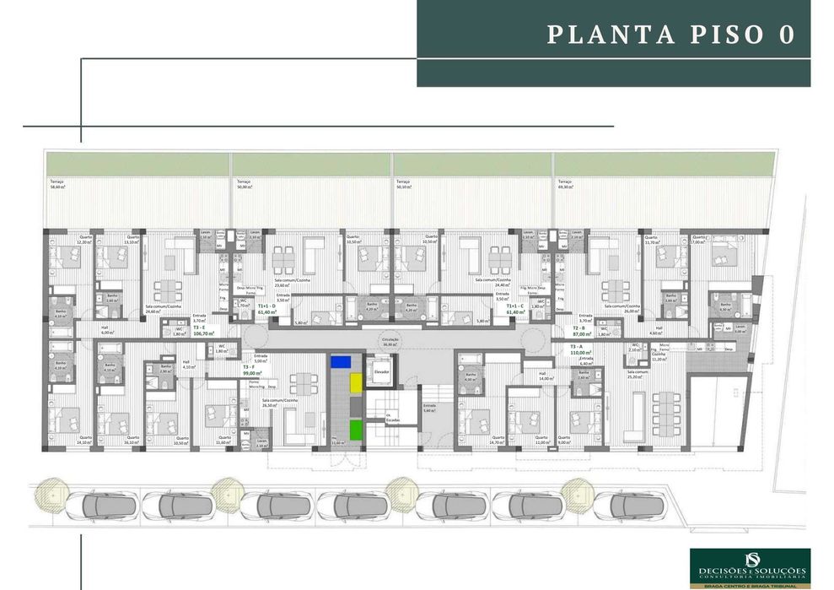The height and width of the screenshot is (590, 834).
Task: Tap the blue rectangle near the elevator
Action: click(x=342, y=360)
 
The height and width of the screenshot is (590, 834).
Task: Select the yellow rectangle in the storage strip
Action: click(x=356, y=382)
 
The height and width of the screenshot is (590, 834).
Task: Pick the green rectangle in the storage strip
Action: click(x=356, y=428)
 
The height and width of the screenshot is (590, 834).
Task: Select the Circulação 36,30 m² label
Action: click(x=390, y=341)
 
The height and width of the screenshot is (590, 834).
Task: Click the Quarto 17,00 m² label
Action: click(x=699, y=239)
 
